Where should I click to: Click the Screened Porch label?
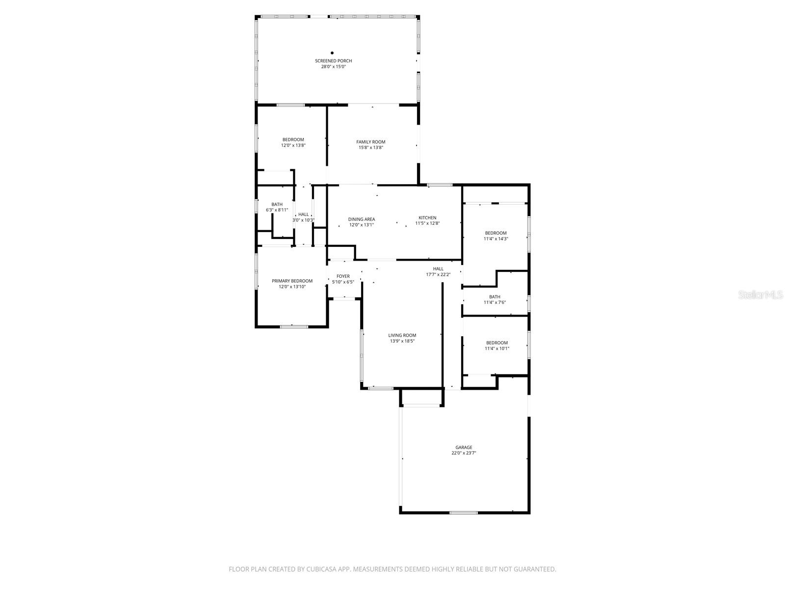[333, 61]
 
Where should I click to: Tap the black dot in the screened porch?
[332, 53]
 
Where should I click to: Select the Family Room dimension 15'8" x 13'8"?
[371, 147]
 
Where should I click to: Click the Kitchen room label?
[427, 217]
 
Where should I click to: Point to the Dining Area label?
[362, 219]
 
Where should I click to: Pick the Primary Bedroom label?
[292, 281]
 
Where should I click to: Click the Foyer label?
[343, 276]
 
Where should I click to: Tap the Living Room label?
[402, 335]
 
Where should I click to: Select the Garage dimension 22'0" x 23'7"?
[464, 453]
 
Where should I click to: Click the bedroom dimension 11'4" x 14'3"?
[496, 239]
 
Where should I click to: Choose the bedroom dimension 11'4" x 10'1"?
[497, 348]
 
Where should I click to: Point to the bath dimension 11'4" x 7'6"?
[495, 302]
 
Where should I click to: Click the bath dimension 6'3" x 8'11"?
[277, 210]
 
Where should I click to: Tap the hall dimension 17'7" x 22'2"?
[438, 274]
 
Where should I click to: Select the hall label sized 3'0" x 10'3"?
[304, 214]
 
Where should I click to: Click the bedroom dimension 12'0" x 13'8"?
[293, 145]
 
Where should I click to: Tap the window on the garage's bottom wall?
[464, 512]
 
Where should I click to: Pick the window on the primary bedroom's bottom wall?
[293, 326]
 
